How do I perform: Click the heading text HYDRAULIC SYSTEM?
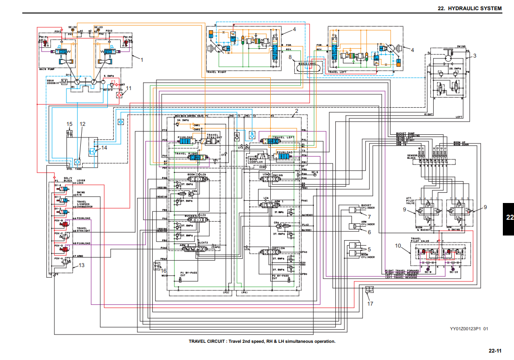475,8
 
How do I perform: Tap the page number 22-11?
495,350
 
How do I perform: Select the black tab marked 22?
509,217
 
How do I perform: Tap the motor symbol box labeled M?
65,81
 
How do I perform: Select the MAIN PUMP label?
49,69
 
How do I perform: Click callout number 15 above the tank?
70,124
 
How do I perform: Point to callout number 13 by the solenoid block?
82,266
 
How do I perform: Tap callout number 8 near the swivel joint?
290,57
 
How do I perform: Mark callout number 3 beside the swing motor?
475,56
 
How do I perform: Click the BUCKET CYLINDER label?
367,207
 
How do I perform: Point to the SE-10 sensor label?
455,271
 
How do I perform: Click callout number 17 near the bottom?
370,304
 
